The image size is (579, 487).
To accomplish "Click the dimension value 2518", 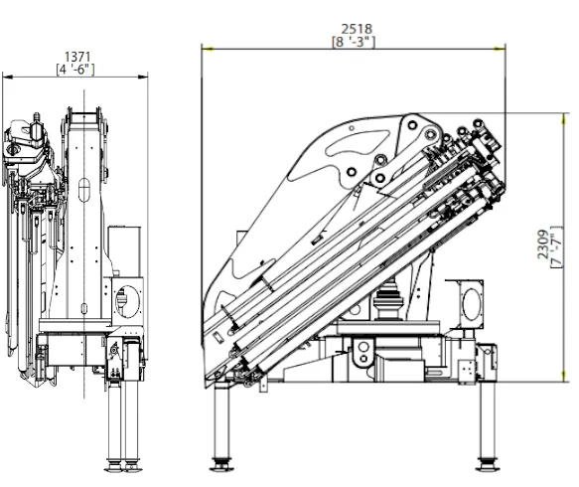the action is tap(357, 29).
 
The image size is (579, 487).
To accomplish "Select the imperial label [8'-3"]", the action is tap(354, 42).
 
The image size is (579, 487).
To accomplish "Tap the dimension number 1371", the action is tap(77, 57).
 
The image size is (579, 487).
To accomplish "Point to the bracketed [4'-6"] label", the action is tap(75, 70).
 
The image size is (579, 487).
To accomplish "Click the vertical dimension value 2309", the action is tap(543, 244).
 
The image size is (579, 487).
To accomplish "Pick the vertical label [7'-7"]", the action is tap(556, 246).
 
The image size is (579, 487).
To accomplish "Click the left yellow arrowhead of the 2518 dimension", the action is tap(208, 49).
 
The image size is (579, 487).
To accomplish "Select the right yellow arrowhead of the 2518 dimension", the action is tap(500, 49).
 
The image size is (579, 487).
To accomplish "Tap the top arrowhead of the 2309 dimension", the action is tap(564, 119).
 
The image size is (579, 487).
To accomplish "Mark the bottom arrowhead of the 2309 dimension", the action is tap(564, 376).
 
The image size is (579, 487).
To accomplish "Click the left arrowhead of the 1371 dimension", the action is tap(8, 77).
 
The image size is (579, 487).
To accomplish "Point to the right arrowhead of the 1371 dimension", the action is tap(143, 77).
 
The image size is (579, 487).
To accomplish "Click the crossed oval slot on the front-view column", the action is tap(84, 190).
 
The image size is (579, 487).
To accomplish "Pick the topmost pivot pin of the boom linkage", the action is tap(412, 125).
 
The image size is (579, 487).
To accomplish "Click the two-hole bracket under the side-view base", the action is tap(362, 353).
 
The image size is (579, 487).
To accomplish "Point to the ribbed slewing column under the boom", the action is tap(388, 301).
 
